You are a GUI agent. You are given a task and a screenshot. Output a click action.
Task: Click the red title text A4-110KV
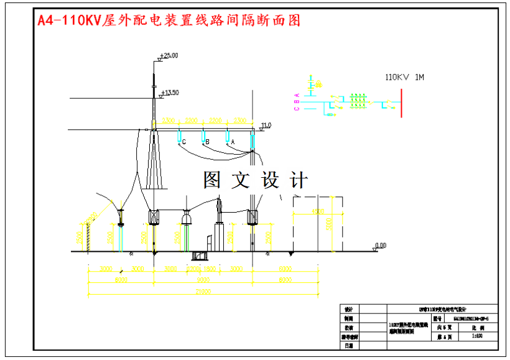pyautogui.click(x=69, y=21)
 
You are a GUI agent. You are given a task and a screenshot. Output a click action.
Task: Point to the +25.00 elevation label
pyautogui.click(x=169, y=55)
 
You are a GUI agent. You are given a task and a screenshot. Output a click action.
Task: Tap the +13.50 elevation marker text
pyautogui.click(x=170, y=93)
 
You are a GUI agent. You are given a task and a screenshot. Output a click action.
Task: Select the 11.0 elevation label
pyautogui.click(x=266, y=125)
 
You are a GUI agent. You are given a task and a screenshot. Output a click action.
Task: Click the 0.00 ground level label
pyautogui.click(x=380, y=245)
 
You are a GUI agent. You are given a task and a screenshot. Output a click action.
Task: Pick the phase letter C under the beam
pyautogui.click(x=184, y=142)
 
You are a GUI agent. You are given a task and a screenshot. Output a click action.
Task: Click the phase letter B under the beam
pyautogui.click(x=208, y=142)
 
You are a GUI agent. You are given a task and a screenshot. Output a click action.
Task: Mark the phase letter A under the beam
pyautogui.click(x=233, y=142)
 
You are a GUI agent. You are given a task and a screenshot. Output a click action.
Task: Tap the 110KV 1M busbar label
pyautogui.click(x=404, y=77)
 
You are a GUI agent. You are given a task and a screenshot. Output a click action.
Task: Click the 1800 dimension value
pyautogui.click(x=210, y=269)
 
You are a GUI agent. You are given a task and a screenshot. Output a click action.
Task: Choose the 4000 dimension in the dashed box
pyautogui.click(x=318, y=211)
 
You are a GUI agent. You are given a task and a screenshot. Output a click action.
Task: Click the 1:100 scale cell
pyautogui.click(x=478, y=336)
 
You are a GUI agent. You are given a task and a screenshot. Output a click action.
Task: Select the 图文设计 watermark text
pyautogui.click(x=256, y=180)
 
